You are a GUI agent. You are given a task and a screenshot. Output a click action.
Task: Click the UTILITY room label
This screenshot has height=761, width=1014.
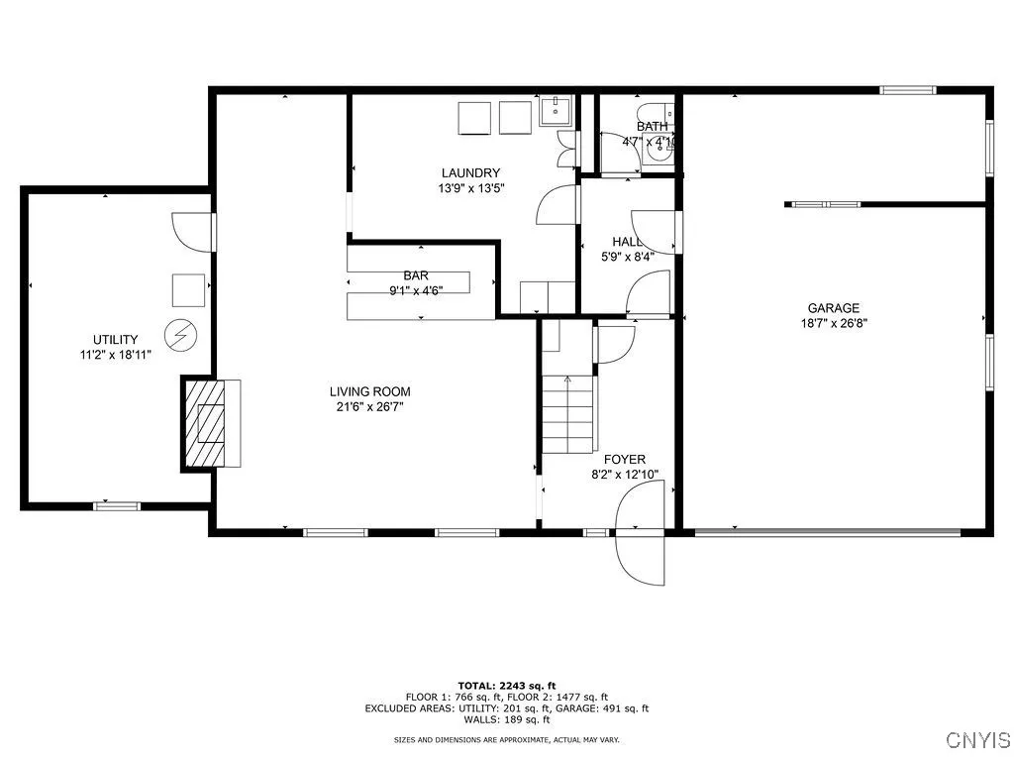click(x=116, y=339)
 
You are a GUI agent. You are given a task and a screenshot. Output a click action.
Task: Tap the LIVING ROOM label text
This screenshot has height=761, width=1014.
click(x=369, y=391)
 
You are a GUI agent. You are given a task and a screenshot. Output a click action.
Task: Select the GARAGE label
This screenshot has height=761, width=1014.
click(x=833, y=308)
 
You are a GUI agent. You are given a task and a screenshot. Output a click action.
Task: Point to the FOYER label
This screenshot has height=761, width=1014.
click(x=624, y=459)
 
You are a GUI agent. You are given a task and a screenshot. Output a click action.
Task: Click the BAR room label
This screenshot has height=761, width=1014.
click(x=415, y=275)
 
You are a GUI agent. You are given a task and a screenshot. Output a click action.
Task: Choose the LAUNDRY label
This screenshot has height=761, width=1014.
click(x=470, y=173)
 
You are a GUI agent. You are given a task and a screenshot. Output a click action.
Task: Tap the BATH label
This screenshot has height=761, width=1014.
click(x=652, y=126)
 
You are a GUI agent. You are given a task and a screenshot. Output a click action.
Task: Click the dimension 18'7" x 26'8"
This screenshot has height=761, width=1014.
click(x=834, y=323)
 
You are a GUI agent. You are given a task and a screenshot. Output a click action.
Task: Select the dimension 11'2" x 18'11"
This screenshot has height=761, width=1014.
click(x=116, y=354)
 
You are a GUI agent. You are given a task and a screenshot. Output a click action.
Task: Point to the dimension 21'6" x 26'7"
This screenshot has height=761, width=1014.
click(x=369, y=406)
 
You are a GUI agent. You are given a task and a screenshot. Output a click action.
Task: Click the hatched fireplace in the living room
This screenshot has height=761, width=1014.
click(x=210, y=423)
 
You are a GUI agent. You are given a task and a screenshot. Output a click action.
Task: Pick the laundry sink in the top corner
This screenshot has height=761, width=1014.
click(x=556, y=110)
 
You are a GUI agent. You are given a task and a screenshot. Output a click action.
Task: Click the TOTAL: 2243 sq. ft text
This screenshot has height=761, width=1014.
click(x=506, y=686)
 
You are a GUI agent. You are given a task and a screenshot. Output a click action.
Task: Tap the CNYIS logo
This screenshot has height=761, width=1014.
click(x=977, y=740)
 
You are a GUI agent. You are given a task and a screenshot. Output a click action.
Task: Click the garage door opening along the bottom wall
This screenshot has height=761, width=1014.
click(x=828, y=532)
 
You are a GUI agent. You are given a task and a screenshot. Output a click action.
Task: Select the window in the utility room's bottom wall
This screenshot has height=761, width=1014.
click(x=117, y=506)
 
